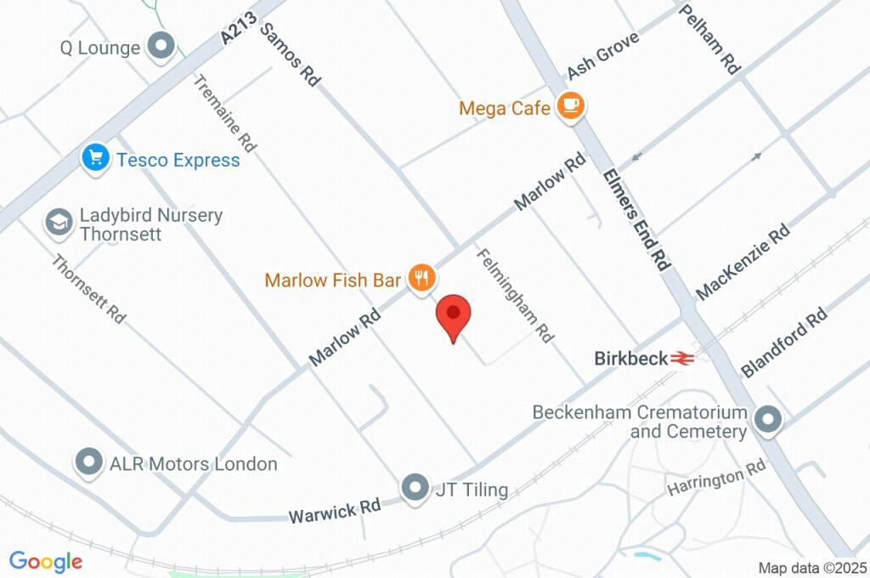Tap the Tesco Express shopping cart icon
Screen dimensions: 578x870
pos(96,158)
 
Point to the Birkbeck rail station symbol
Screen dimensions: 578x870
pos(680,359)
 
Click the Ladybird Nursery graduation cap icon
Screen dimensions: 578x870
pos(59,223)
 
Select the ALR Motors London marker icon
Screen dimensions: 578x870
pos(89,463)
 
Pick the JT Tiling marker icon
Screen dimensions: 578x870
pos(415,489)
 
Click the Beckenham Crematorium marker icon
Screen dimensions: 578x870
pos(768,420)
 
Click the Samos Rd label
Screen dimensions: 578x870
pos(290,54)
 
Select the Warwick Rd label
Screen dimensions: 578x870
pos(334,512)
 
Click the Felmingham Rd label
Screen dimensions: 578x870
pos(514,295)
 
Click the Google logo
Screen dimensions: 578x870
pos(45,562)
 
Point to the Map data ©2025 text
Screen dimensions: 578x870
pos(812,568)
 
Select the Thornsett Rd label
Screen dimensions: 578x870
pos(88,289)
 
